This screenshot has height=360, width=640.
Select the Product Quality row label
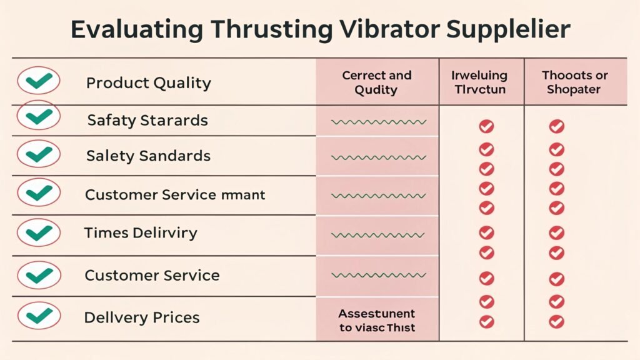[x=149, y=83]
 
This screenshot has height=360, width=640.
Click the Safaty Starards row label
[x=147, y=120]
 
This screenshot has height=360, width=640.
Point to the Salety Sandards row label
[x=149, y=156]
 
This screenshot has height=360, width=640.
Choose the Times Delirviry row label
[x=141, y=234]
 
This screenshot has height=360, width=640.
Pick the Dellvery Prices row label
[x=142, y=317]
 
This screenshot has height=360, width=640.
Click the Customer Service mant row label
[x=175, y=194]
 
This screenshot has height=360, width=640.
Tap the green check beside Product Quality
[x=39, y=81]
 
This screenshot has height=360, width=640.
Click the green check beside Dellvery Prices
[x=39, y=315]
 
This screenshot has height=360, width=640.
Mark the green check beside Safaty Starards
[x=39, y=116]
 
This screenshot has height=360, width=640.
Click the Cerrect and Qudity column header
[x=376, y=82]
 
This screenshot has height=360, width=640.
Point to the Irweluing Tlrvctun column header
[x=479, y=82]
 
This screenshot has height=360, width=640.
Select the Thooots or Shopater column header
[x=574, y=82]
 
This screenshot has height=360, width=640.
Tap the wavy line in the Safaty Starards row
[x=379, y=122]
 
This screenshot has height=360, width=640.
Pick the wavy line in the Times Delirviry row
[x=379, y=236]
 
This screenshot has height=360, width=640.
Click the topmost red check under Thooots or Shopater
[x=556, y=127]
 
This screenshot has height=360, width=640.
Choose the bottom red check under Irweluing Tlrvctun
[x=486, y=322]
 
